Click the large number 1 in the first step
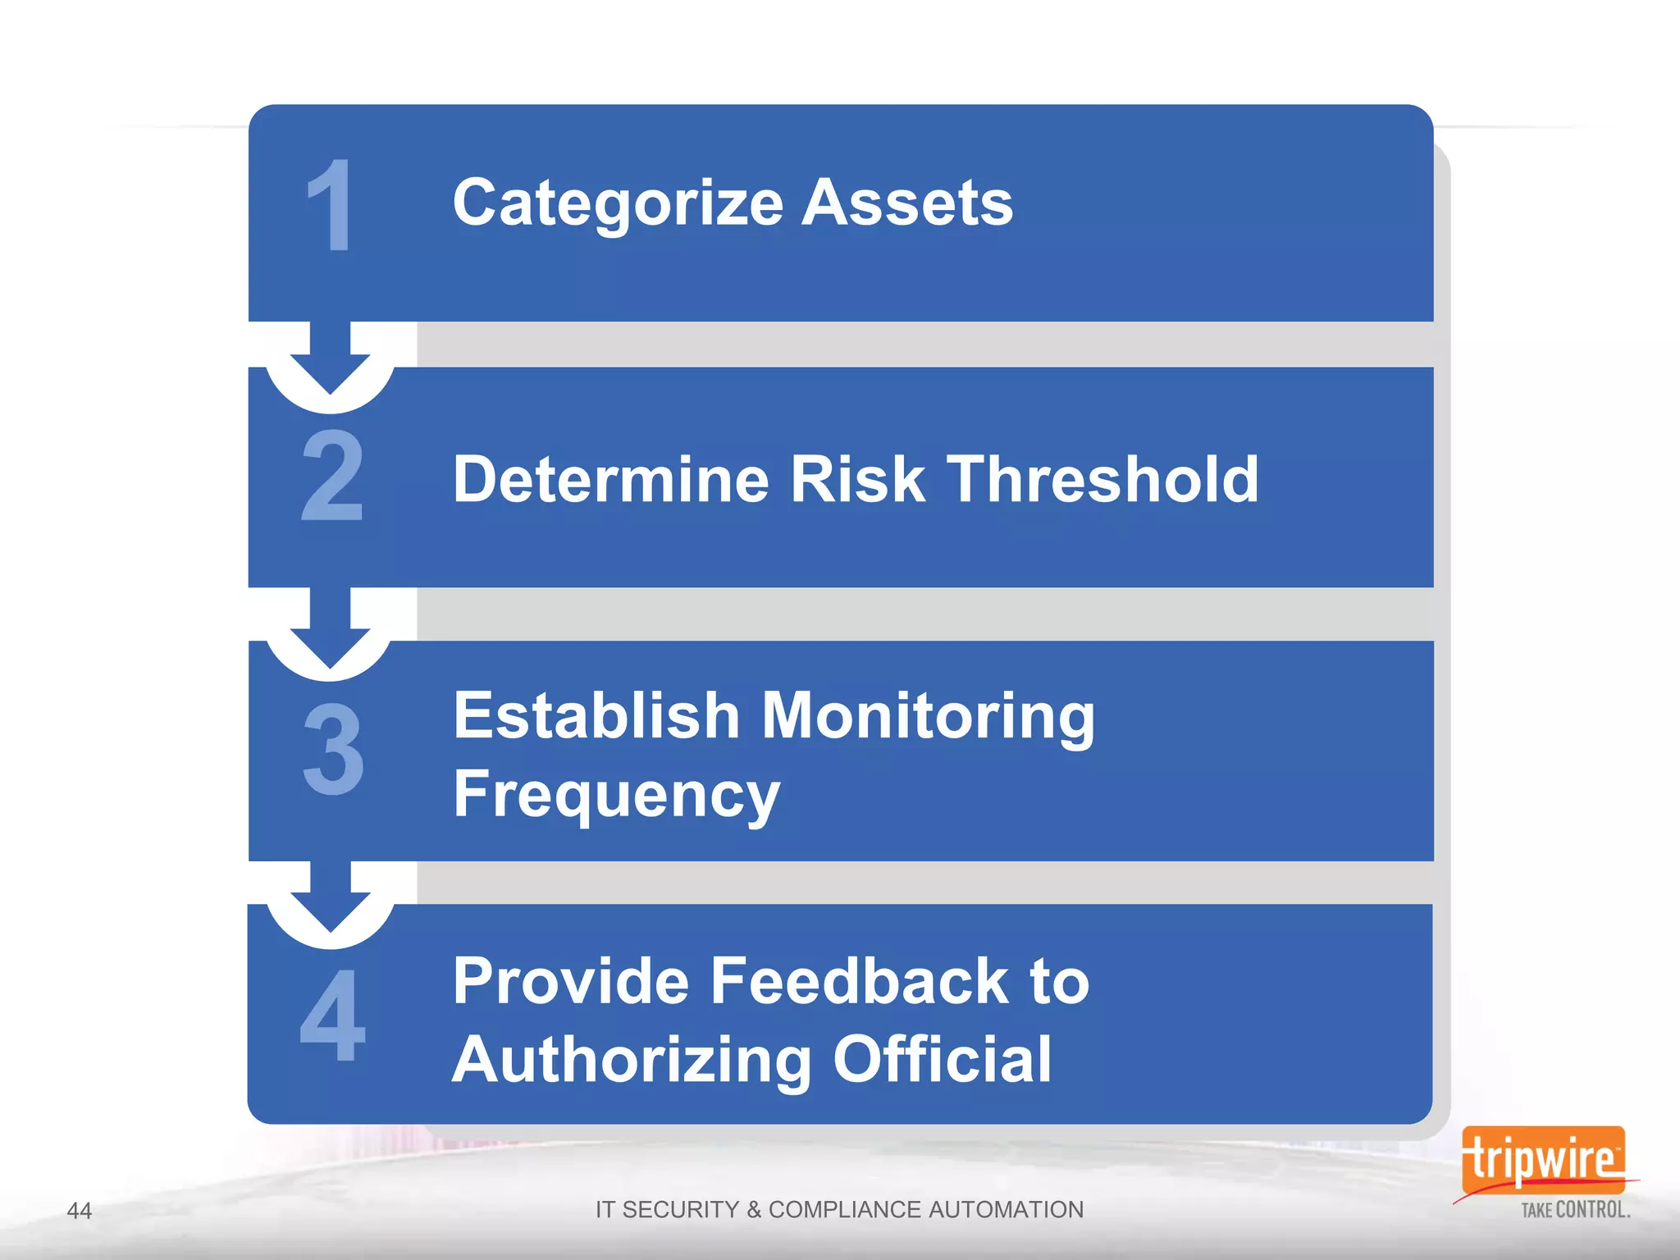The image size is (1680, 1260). [x=331, y=206]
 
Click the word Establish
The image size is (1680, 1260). [x=597, y=715]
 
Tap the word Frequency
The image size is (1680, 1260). [x=616, y=795]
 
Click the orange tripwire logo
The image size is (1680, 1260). [x=1542, y=1160]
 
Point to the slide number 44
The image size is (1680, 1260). [x=79, y=1211]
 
